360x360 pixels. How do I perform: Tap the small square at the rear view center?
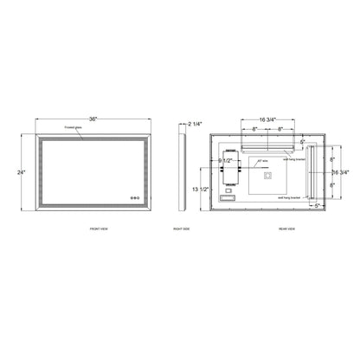pos(267,177)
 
